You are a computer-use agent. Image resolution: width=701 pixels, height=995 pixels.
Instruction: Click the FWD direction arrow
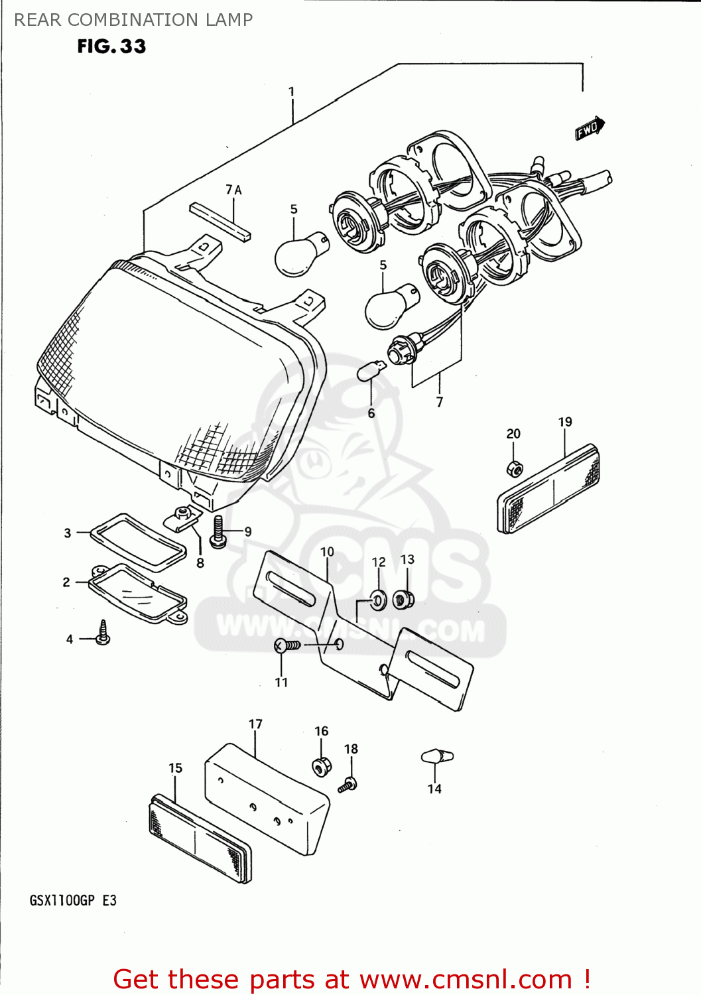click(590, 129)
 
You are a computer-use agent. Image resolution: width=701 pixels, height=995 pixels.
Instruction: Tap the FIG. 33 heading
click(111, 46)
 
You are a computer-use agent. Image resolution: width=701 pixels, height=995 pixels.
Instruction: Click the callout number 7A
click(233, 190)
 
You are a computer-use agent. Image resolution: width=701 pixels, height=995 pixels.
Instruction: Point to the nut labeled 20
click(514, 468)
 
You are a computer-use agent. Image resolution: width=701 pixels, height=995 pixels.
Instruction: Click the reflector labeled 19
click(548, 490)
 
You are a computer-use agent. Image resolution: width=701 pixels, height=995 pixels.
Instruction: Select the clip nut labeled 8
click(182, 517)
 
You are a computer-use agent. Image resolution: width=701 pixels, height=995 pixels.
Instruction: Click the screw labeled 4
click(103, 633)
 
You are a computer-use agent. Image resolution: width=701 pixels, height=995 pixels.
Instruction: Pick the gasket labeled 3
click(138, 541)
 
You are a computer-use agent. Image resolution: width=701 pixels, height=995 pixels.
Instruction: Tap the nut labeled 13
click(402, 600)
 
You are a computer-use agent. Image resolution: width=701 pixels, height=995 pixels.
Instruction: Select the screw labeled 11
click(287, 645)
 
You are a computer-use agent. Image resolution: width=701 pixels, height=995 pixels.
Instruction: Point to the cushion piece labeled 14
click(437, 756)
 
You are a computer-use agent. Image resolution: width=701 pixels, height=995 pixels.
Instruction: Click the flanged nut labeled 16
click(322, 767)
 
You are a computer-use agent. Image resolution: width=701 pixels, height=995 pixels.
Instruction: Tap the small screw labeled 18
click(348, 785)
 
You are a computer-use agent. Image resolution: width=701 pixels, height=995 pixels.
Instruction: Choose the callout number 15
click(175, 767)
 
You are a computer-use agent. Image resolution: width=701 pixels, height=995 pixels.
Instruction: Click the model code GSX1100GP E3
click(73, 900)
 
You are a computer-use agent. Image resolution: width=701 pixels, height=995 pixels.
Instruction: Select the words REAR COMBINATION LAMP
click(133, 20)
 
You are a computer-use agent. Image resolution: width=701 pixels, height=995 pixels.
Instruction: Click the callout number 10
click(327, 552)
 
